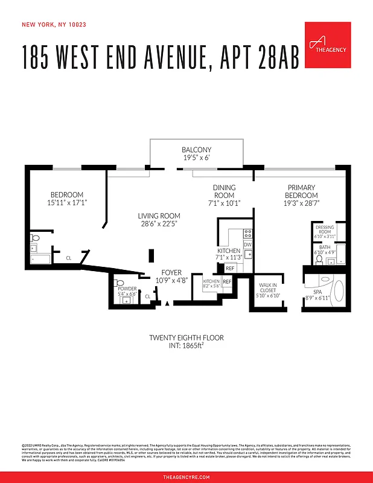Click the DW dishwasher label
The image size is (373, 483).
[247, 244]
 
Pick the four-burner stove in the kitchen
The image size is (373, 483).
[247, 232]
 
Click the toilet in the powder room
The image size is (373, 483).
[117, 281]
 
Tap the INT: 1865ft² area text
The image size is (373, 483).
[186, 346]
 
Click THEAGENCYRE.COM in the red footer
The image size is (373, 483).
[186, 477]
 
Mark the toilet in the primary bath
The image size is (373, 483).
[319, 259]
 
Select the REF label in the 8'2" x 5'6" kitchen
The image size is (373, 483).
[227, 281]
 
